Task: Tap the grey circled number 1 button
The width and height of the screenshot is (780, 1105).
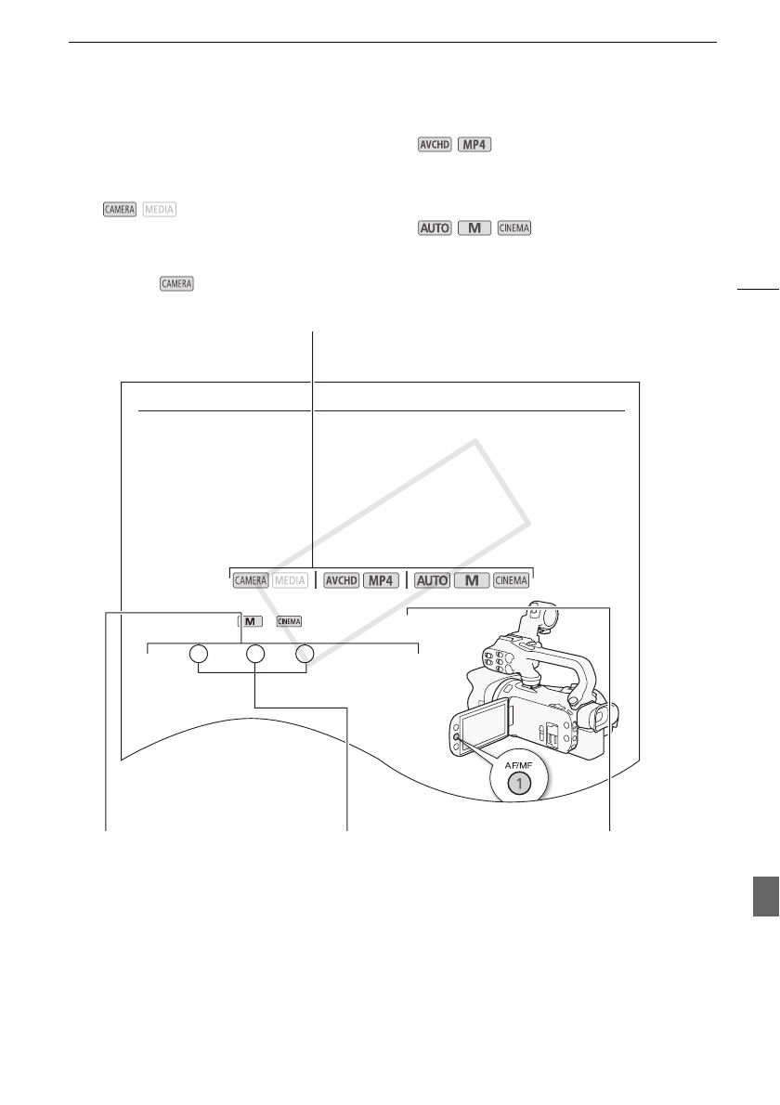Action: pyautogui.click(x=520, y=783)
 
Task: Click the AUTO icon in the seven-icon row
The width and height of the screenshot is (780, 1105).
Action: pyautogui.click(x=432, y=580)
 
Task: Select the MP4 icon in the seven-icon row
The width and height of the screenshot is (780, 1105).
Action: pyautogui.click(x=381, y=580)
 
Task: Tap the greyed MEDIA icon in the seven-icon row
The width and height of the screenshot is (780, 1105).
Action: pyautogui.click(x=290, y=580)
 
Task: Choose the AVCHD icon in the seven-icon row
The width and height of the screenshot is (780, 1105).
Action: pyautogui.click(x=341, y=580)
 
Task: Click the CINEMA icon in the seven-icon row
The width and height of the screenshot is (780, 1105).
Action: pyautogui.click(x=511, y=580)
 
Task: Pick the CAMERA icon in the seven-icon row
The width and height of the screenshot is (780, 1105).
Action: pyautogui.click(x=251, y=580)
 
